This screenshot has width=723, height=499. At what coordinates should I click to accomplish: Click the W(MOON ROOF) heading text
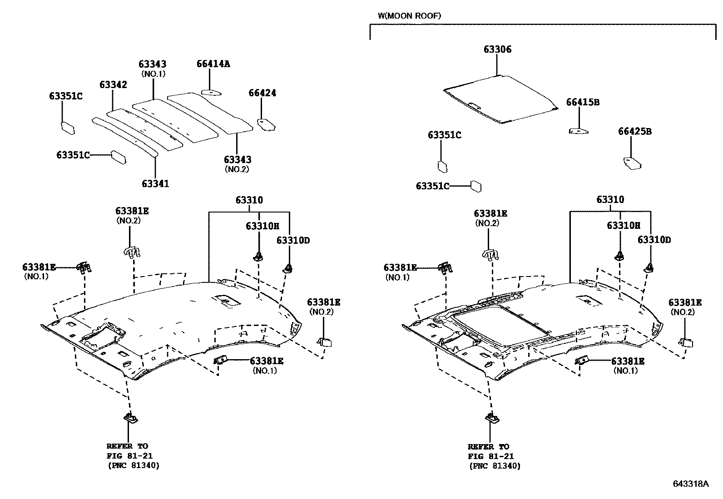[409, 16]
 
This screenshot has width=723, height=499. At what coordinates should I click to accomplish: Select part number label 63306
[497, 49]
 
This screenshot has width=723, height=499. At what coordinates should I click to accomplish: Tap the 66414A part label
[213, 64]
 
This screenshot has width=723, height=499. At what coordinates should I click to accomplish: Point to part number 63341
[155, 183]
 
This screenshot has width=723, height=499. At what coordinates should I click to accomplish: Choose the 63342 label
[114, 85]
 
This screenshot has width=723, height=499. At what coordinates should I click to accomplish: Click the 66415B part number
[583, 103]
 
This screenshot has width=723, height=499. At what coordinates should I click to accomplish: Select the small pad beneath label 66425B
[632, 163]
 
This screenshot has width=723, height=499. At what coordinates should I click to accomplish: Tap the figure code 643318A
[690, 484]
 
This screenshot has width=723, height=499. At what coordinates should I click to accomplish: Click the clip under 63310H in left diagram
[258, 256]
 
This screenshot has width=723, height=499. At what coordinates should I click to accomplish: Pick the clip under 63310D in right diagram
[649, 268]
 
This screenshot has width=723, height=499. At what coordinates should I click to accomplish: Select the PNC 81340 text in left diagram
[134, 465]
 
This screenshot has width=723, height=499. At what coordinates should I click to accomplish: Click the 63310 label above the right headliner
[610, 200]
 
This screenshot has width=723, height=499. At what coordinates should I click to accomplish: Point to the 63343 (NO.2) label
[237, 160]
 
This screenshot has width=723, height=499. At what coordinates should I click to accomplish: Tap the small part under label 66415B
[579, 131]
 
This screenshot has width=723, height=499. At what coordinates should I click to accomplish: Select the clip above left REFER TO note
[131, 418]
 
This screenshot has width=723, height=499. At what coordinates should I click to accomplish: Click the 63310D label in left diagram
[293, 240]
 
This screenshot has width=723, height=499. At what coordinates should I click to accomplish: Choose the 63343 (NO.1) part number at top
[152, 64]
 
